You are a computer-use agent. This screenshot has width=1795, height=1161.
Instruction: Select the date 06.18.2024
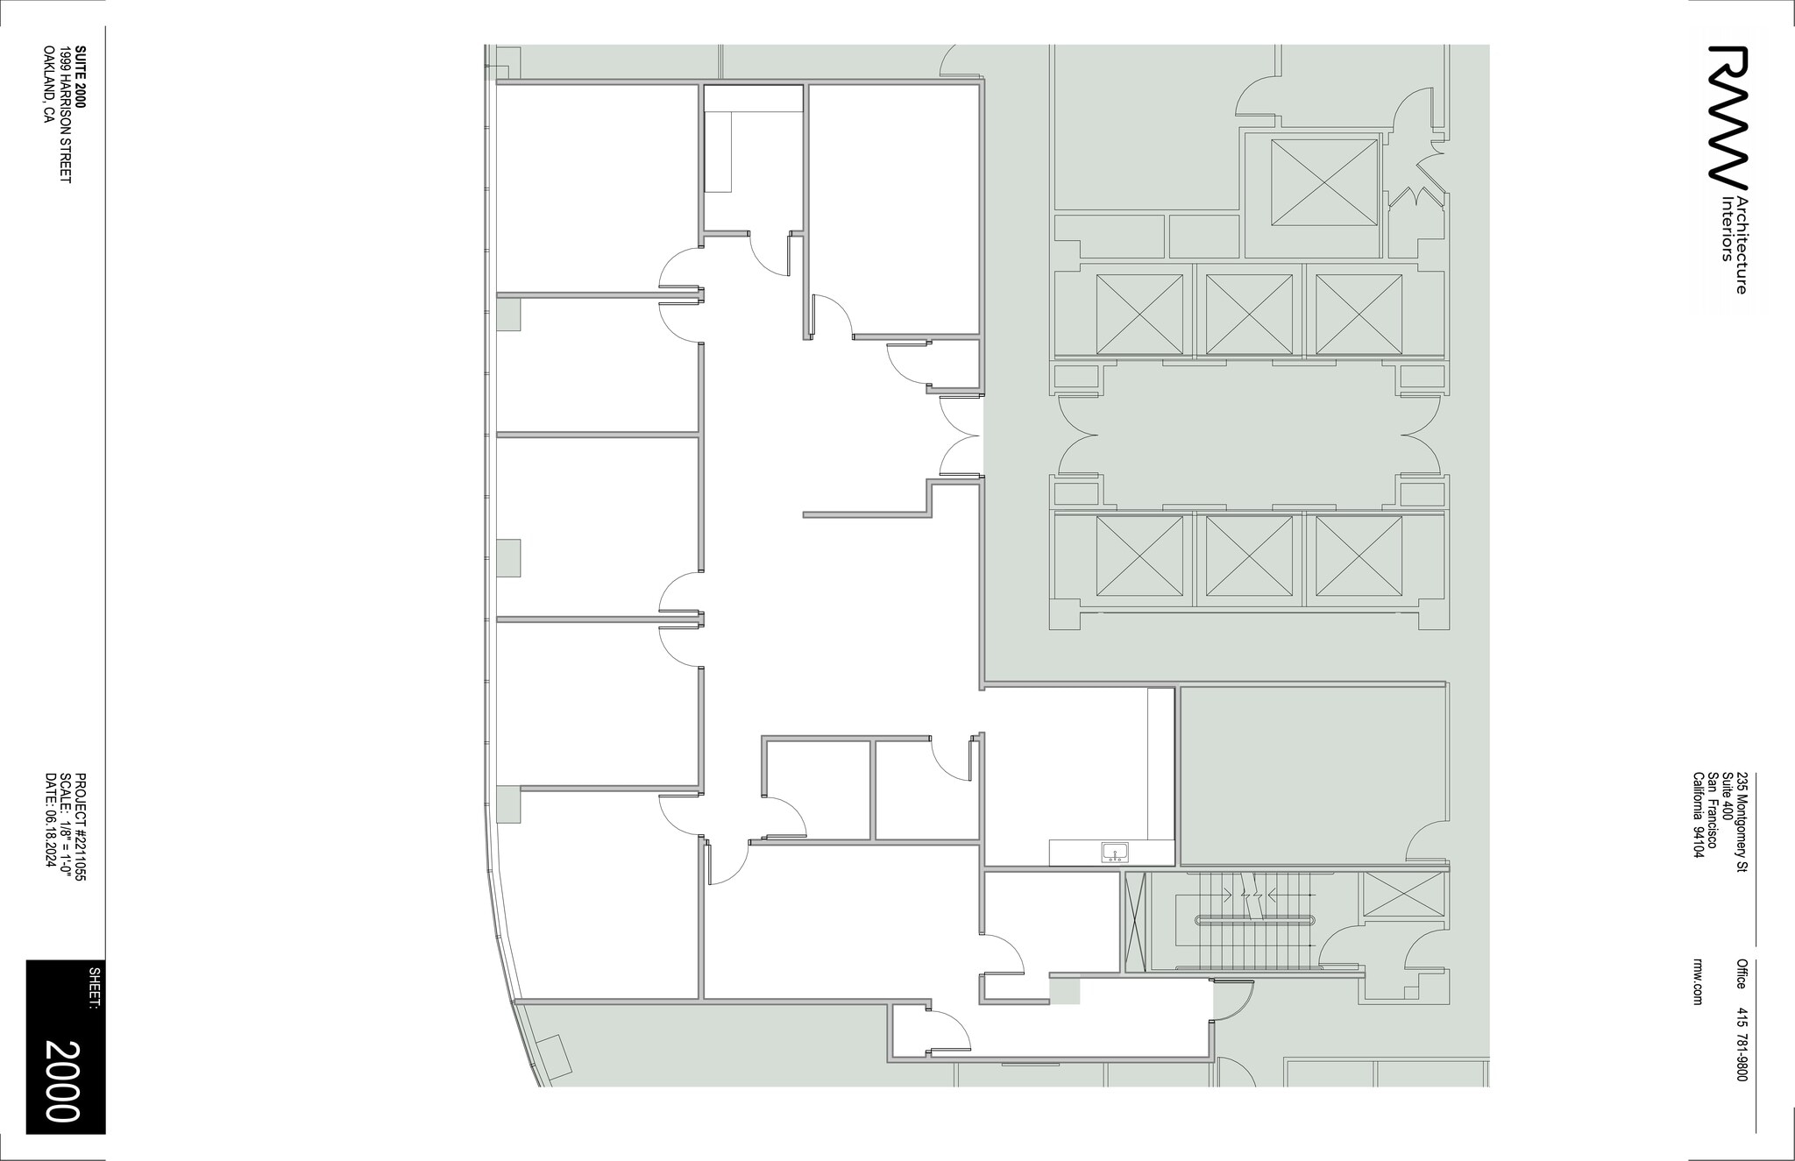pyautogui.click(x=50, y=820)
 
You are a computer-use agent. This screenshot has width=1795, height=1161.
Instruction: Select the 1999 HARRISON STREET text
pyautogui.click(x=65, y=115)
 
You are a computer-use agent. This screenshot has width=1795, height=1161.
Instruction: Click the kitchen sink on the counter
pyautogui.click(x=1116, y=852)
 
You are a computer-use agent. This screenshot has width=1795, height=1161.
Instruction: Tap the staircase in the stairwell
pyautogui.click(x=1254, y=920)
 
